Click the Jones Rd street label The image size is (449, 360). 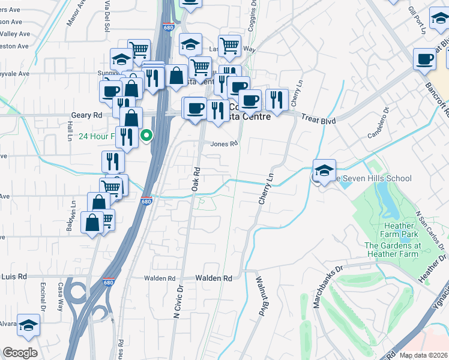(224, 144)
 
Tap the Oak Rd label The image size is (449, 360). (195, 179)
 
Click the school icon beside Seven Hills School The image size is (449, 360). (324, 170)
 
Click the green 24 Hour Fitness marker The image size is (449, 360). (146, 136)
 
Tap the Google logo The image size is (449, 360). (20, 353)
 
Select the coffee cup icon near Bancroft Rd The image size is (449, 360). (425, 59)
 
